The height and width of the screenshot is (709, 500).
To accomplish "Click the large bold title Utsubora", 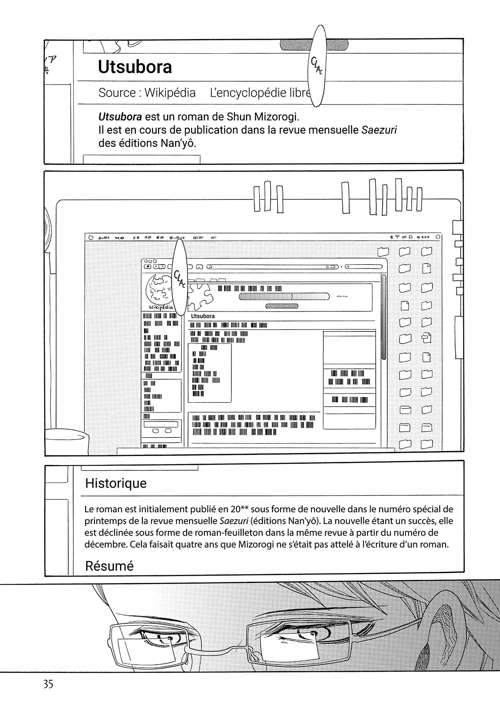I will (135, 67).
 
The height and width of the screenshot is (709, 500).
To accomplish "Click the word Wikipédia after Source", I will (170, 93).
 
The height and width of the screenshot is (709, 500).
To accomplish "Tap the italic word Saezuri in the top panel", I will (379, 130).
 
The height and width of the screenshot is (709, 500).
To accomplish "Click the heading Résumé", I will (109, 566).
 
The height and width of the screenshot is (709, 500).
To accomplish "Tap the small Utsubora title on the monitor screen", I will (203, 316).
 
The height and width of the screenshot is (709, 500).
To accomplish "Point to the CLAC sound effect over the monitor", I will (180, 278).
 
